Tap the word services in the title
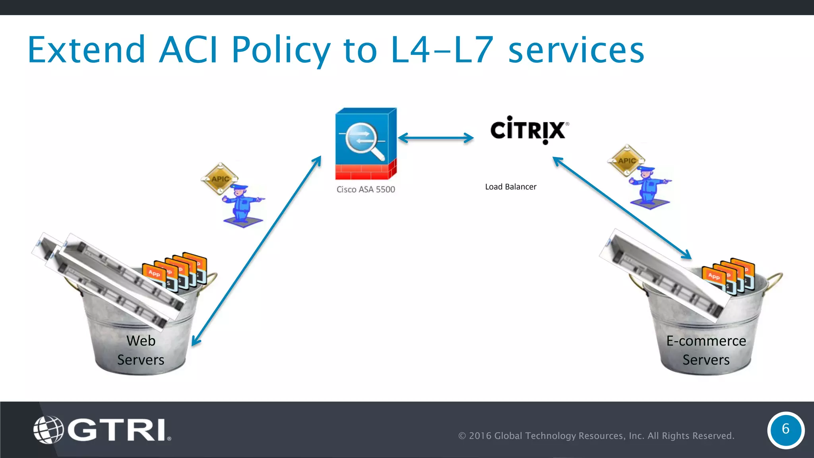(576, 50)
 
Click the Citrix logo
(528, 130)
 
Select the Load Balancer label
(510, 187)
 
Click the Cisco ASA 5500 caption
(366, 190)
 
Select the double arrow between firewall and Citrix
(436, 138)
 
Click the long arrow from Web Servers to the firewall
(256, 250)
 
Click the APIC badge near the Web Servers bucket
(220, 179)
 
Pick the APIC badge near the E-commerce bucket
(626, 160)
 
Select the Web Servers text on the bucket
(141, 350)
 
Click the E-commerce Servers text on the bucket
(706, 350)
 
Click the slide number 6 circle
(785, 429)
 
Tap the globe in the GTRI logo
(48, 430)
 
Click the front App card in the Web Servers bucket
(155, 274)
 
